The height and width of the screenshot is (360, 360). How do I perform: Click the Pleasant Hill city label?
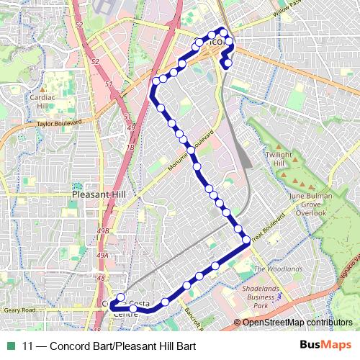(99, 194)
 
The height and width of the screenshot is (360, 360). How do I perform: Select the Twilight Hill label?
(279, 159)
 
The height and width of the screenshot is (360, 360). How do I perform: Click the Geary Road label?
(19, 310)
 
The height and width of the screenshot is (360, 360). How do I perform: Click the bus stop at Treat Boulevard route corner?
(246, 239)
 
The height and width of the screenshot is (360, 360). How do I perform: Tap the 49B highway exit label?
(103, 230)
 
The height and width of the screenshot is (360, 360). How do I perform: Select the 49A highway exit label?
(102, 255)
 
